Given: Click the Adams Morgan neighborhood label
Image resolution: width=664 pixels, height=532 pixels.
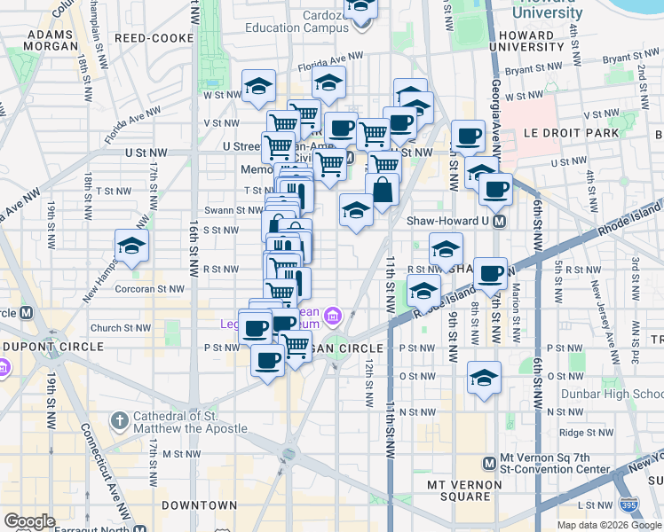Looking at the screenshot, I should (50, 40).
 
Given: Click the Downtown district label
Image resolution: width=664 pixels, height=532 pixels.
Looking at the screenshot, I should (200, 505).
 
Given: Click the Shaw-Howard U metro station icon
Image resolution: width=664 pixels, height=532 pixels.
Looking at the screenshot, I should (499, 221).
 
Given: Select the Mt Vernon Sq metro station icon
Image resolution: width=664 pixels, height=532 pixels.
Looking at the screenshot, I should (487, 463).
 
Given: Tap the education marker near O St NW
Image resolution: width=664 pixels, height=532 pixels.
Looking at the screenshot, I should (484, 379).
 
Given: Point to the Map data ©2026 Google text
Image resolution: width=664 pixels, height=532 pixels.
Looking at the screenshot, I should (609, 525).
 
